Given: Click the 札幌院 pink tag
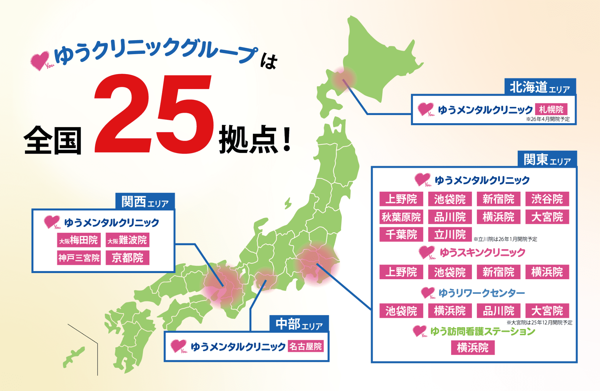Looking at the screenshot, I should click(551, 109).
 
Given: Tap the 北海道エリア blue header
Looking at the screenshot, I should click(540, 87).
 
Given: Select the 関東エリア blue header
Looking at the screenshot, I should click(547, 160).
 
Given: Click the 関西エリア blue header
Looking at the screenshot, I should click(145, 202).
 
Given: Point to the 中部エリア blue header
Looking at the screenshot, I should click(299, 324).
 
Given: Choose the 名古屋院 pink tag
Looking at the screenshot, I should click(306, 347).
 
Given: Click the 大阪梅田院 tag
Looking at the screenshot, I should click(79, 240).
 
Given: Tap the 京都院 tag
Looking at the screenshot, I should click(127, 258).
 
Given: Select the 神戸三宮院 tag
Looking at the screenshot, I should click(79, 258).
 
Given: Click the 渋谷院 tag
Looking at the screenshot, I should click(547, 199).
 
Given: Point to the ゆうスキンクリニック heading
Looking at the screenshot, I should click(482, 253).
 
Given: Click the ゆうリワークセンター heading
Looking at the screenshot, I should click(481, 293).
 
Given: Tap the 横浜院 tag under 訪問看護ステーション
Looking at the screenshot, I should click(473, 348).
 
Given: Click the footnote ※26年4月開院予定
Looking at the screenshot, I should click(548, 119).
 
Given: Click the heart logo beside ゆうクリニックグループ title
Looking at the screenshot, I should click(40, 60).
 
